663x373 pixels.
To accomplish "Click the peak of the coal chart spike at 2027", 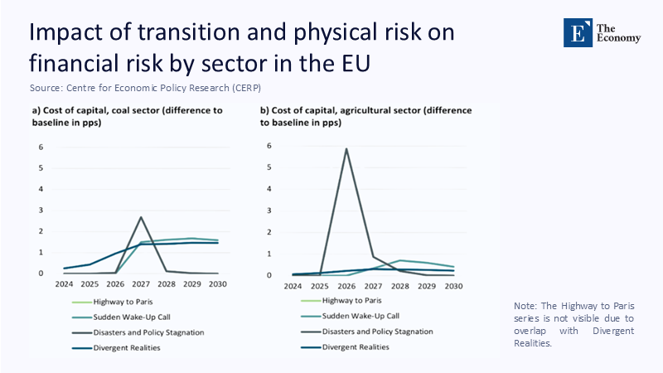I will tap(141, 217).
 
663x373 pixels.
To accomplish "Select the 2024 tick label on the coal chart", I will tap(65, 284).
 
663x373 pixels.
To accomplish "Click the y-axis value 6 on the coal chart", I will tap(41, 148).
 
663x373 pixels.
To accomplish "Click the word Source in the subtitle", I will tap(45, 87).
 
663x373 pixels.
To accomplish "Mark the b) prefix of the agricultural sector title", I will tap(265, 110).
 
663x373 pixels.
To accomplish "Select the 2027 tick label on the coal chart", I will tap(142, 284).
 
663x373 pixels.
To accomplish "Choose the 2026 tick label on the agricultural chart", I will tap(346, 286).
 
